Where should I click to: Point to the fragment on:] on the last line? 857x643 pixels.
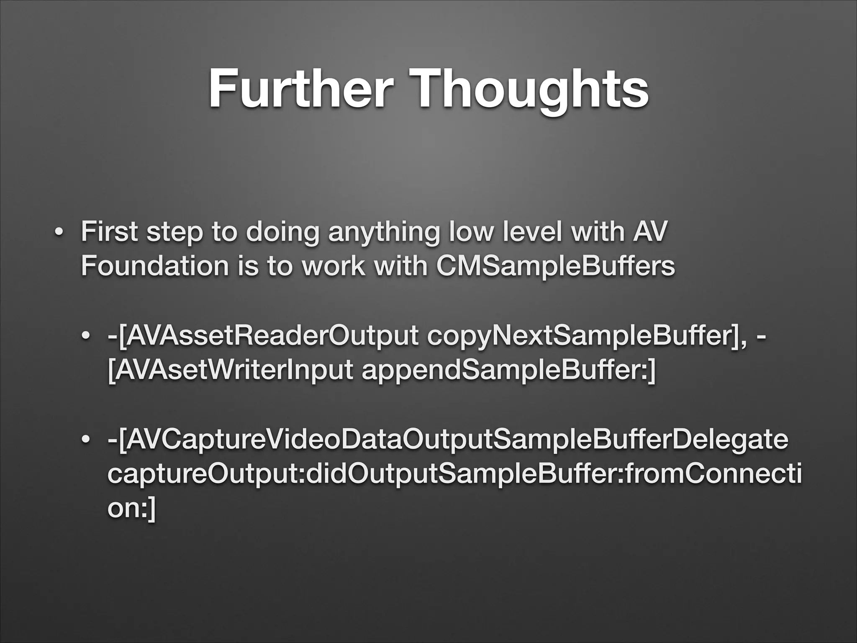[x=131, y=509]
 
